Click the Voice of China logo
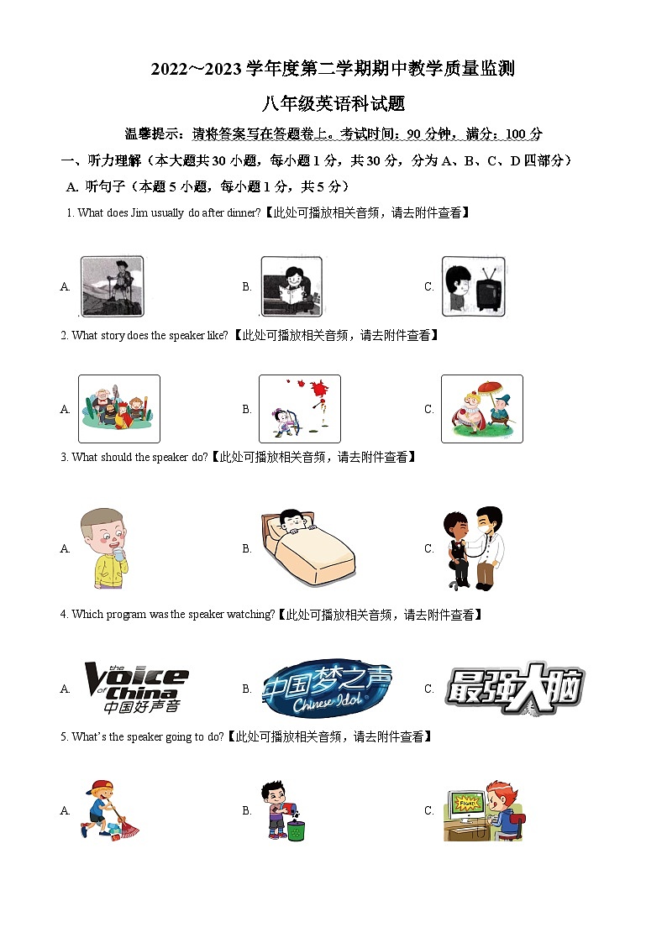[135, 688]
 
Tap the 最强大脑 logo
[514, 689]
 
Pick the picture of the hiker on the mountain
[112, 286]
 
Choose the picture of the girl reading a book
[291, 286]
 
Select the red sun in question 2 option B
[318, 390]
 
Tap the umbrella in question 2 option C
[489, 390]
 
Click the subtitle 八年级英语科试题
[333, 104]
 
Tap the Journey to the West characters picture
[118, 408]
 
